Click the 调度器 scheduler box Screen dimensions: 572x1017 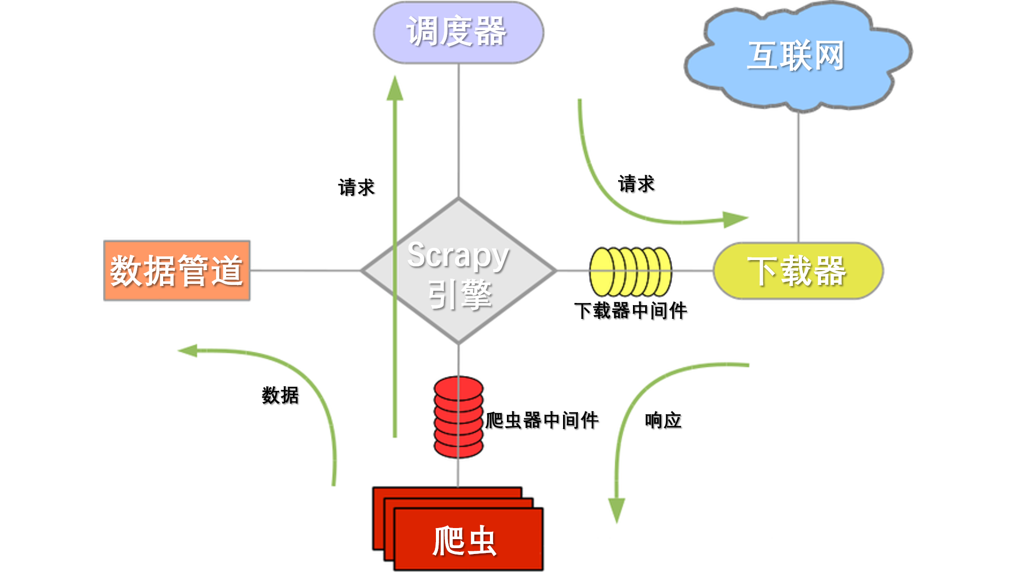(458, 32)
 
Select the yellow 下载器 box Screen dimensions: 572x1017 (798, 271)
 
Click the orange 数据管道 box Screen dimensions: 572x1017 (176, 271)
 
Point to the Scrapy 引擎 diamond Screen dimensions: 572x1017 (459, 271)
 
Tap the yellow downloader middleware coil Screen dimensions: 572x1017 (630, 271)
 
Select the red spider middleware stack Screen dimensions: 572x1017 (458, 417)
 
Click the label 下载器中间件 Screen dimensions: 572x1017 (630, 311)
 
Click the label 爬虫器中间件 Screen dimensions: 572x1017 (542, 421)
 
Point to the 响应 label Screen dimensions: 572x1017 (663, 421)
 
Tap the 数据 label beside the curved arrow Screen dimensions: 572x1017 (280, 395)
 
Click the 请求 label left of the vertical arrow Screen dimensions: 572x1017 (356, 187)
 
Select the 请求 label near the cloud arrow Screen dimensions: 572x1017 (636, 184)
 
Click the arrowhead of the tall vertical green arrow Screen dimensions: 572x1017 (395, 89)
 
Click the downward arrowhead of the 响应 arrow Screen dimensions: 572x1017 (616, 510)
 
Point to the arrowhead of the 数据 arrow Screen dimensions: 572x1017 (188, 351)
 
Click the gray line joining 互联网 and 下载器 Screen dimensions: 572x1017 (798, 177)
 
